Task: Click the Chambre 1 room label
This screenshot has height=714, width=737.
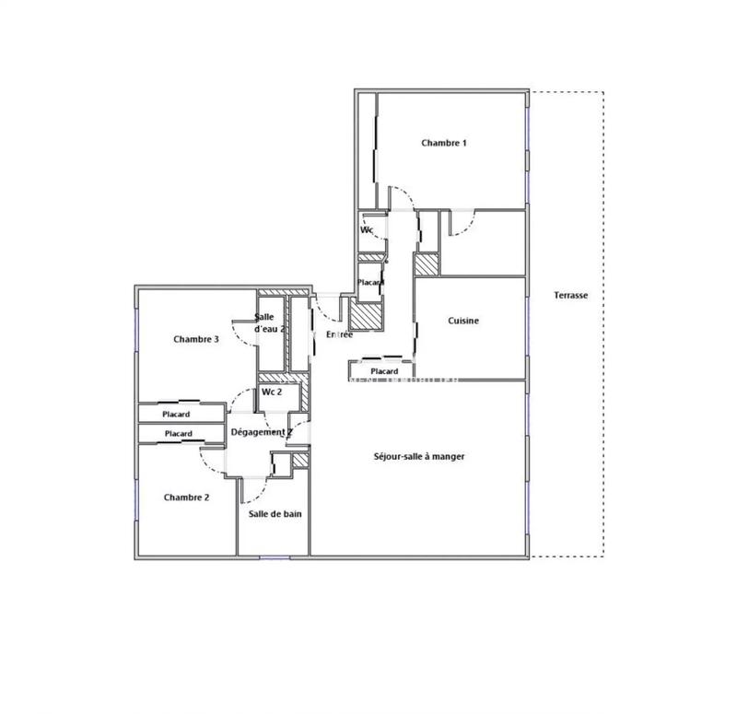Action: (444, 143)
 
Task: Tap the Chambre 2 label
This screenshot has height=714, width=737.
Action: (186, 497)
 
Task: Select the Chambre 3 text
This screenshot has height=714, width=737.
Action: (195, 339)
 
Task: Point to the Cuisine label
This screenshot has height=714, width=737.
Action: (463, 321)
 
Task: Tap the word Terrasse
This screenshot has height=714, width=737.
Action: (570, 296)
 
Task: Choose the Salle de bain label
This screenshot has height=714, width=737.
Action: (274, 515)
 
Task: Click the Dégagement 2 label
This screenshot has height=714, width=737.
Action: (261, 431)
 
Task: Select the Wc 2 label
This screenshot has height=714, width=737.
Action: (271, 392)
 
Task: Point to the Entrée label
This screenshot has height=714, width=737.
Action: (339, 334)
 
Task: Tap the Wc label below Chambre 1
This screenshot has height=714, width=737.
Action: (366, 230)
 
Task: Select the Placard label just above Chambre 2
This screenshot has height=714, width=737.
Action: (178, 434)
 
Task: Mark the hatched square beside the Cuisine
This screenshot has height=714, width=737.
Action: (426, 263)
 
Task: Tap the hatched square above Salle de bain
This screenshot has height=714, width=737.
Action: (299, 461)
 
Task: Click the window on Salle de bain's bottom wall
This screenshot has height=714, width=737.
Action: (274, 556)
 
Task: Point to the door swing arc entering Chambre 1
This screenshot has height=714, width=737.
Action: (398, 195)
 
